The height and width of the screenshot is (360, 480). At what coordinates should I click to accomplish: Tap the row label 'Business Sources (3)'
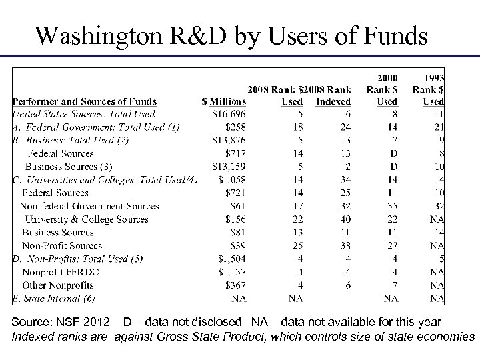[69, 167]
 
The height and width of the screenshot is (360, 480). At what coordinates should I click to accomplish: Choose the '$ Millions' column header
[224, 101]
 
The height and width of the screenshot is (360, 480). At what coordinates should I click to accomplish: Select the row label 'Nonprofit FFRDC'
[57, 271]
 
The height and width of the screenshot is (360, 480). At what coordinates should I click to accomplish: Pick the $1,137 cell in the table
[231, 271]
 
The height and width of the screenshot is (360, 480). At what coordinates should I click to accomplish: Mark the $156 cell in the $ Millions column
[235, 219]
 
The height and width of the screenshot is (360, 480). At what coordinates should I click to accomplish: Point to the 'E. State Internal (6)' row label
[54, 298]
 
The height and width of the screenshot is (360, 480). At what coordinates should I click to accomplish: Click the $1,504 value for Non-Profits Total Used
[231, 259]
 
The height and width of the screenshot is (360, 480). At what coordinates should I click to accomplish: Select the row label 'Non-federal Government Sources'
[89, 206]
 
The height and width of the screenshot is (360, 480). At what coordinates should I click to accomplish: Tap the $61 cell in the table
[238, 206]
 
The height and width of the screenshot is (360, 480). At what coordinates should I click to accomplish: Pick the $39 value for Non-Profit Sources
[238, 245]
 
